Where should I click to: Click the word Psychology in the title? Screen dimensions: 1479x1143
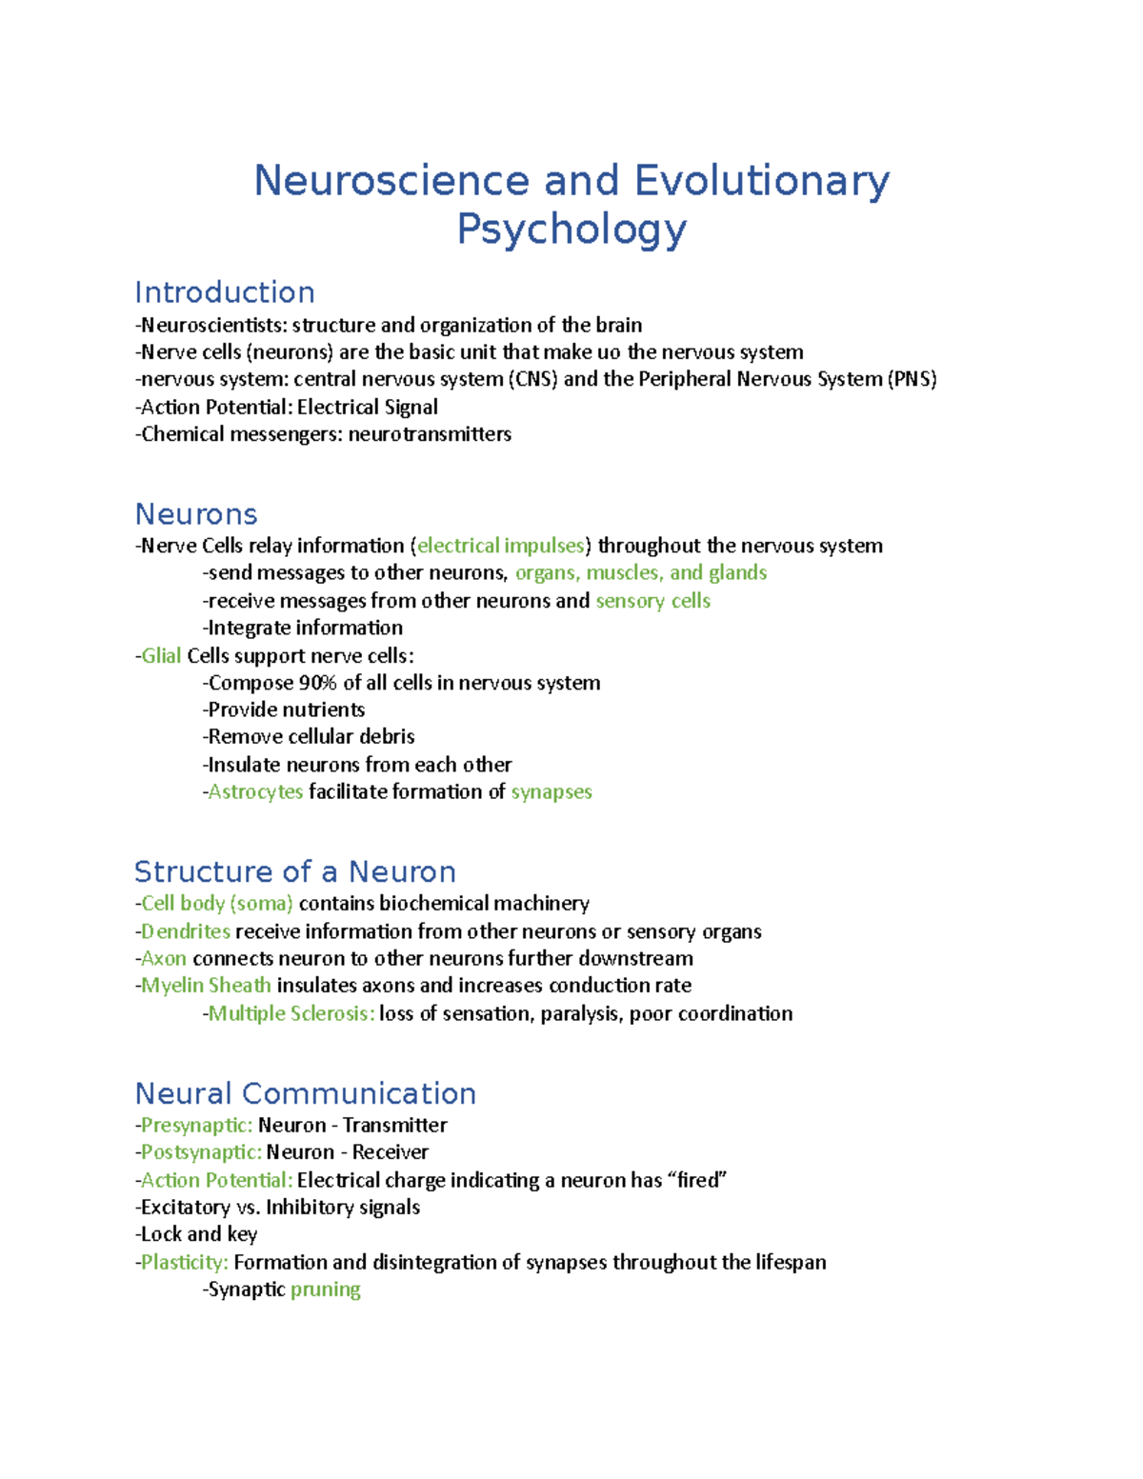571,230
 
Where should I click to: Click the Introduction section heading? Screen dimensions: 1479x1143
225,292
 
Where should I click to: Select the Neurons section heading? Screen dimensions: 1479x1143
196,514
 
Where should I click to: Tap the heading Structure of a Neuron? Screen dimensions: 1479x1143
295,871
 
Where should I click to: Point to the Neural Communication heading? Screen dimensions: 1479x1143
305,1093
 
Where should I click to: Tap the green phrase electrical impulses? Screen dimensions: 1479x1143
501,546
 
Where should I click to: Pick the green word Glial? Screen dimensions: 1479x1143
161,655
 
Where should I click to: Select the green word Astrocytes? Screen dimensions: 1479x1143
255,791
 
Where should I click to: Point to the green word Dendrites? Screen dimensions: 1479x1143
186,931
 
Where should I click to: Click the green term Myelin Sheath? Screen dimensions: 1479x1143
206,986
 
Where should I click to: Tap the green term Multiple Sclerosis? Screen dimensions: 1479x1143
291,1013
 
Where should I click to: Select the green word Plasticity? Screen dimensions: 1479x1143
184,1263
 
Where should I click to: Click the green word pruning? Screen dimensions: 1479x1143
326,1289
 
